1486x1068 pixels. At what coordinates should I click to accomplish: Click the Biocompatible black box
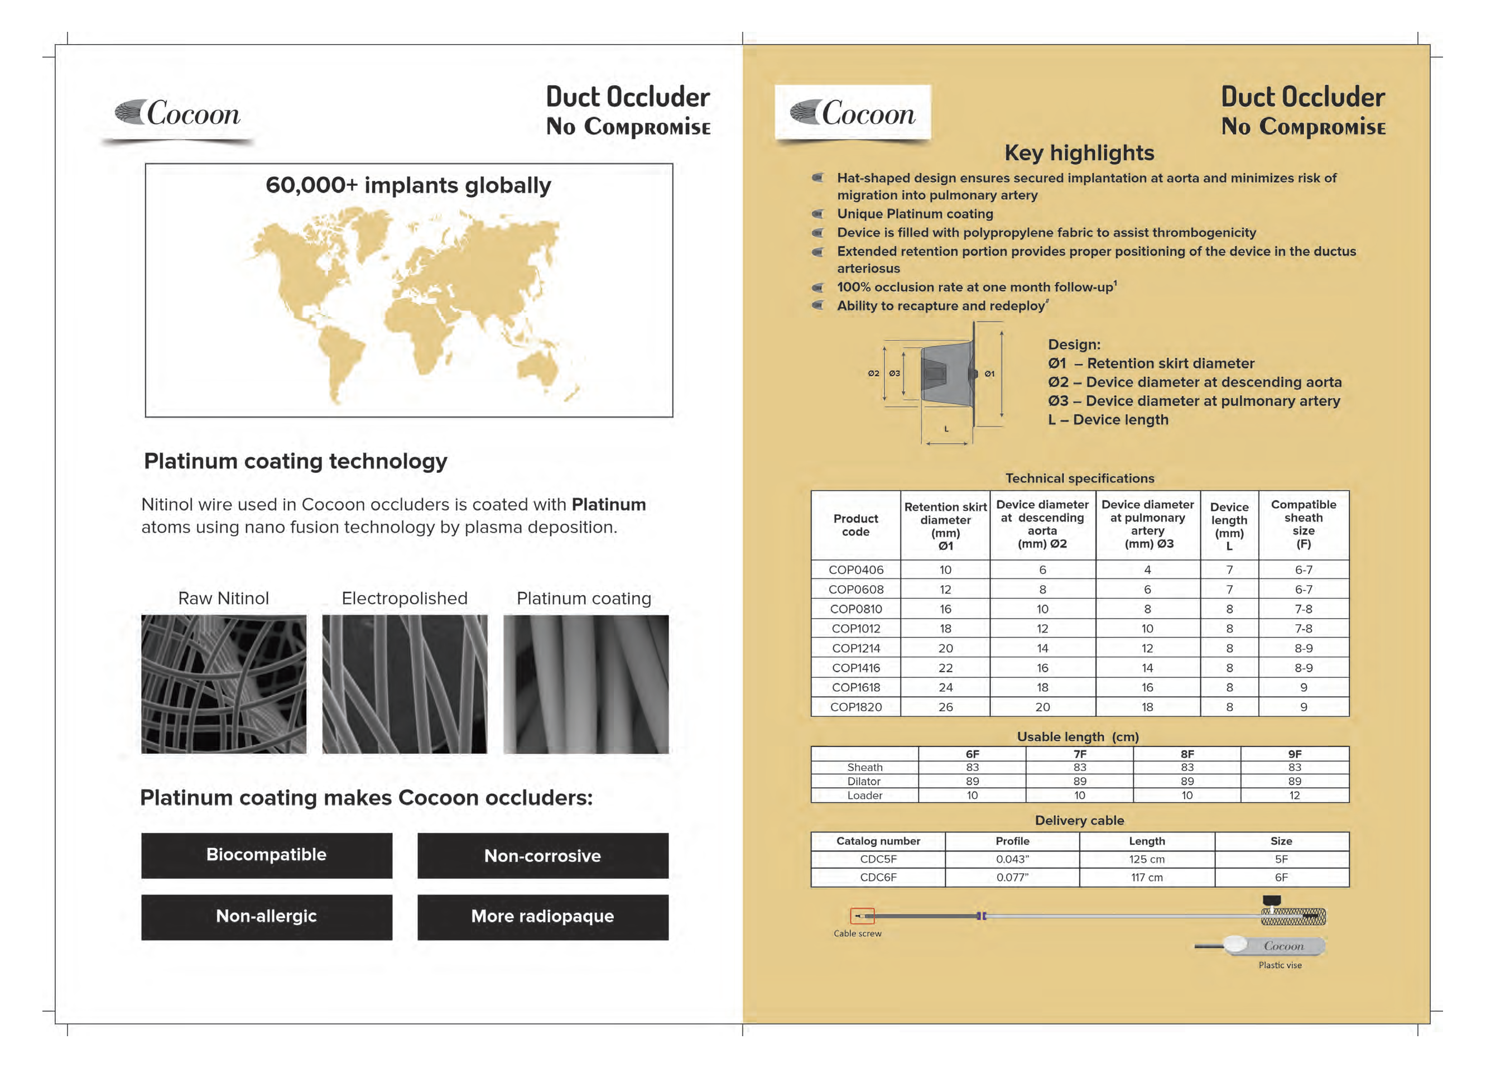[266, 855]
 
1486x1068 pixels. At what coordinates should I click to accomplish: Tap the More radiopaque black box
[542, 917]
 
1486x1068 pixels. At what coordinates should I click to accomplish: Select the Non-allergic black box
[266, 917]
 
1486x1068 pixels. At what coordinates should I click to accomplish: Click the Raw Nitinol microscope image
[223, 684]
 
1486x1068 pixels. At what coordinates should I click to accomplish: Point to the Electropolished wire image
[404, 684]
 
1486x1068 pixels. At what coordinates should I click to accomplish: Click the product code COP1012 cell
[855, 629]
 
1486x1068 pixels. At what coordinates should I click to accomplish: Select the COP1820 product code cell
[855, 707]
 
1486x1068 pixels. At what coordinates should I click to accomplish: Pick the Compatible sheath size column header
[1303, 524]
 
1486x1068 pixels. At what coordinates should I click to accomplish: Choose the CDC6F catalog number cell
[878, 878]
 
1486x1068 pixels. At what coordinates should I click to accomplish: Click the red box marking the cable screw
[862, 916]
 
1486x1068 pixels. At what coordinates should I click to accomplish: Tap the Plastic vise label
[1280, 965]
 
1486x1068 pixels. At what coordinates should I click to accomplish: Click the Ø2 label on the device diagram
[873, 373]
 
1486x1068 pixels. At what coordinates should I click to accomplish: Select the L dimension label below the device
[946, 429]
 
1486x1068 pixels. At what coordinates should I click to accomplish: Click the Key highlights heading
[1079, 153]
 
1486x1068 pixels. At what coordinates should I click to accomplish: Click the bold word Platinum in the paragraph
[609, 505]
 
